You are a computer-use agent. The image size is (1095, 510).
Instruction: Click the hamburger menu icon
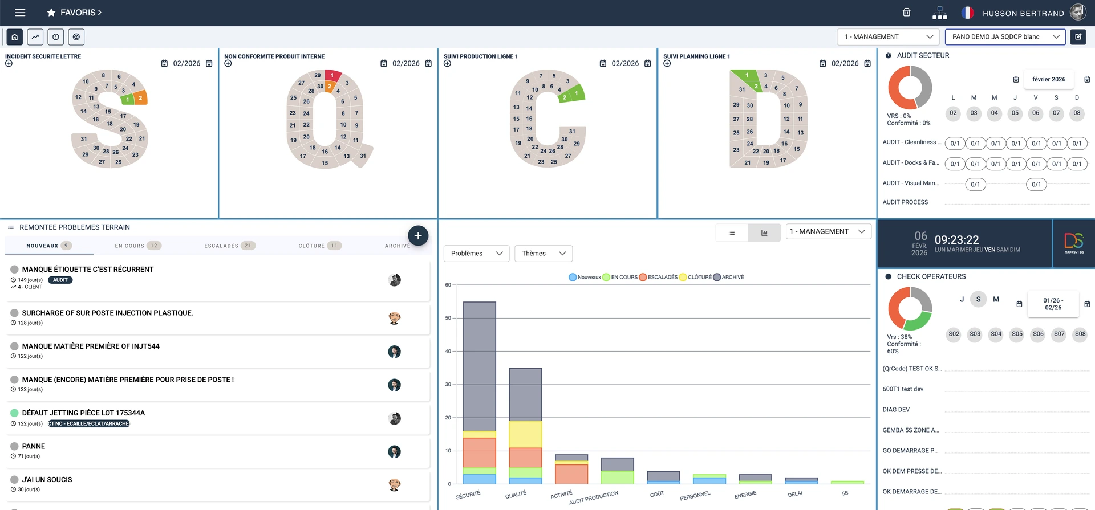coord(20,13)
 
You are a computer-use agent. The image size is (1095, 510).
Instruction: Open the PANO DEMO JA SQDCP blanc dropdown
coord(1005,37)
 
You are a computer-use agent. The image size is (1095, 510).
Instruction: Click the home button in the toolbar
coord(15,37)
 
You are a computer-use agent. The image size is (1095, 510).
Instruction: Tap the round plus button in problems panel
coord(418,235)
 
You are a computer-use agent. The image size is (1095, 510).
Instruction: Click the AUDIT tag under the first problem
coord(60,280)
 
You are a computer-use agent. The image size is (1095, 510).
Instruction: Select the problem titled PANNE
coord(34,446)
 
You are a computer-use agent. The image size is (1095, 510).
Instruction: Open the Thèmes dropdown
coord(543,254)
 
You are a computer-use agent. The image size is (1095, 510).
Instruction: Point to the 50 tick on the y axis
coord(448,318)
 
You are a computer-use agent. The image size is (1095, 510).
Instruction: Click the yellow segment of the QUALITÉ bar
coord(525,434)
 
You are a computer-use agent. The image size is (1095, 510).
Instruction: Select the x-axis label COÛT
coord(657,494)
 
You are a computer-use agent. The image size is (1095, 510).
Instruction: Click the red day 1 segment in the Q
coord(332,75)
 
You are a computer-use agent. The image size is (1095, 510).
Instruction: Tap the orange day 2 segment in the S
coord(140,98)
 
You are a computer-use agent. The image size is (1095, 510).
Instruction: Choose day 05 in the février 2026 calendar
coord(1015,113)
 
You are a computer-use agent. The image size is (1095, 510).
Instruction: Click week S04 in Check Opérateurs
coord(996,334)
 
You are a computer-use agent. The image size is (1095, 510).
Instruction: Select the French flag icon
coord(967,13)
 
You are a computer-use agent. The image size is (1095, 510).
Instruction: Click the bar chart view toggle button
coord(764,232)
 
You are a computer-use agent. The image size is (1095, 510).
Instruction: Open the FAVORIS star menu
coord(74,13)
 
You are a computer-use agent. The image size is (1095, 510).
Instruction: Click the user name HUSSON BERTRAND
coord(1023,13)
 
